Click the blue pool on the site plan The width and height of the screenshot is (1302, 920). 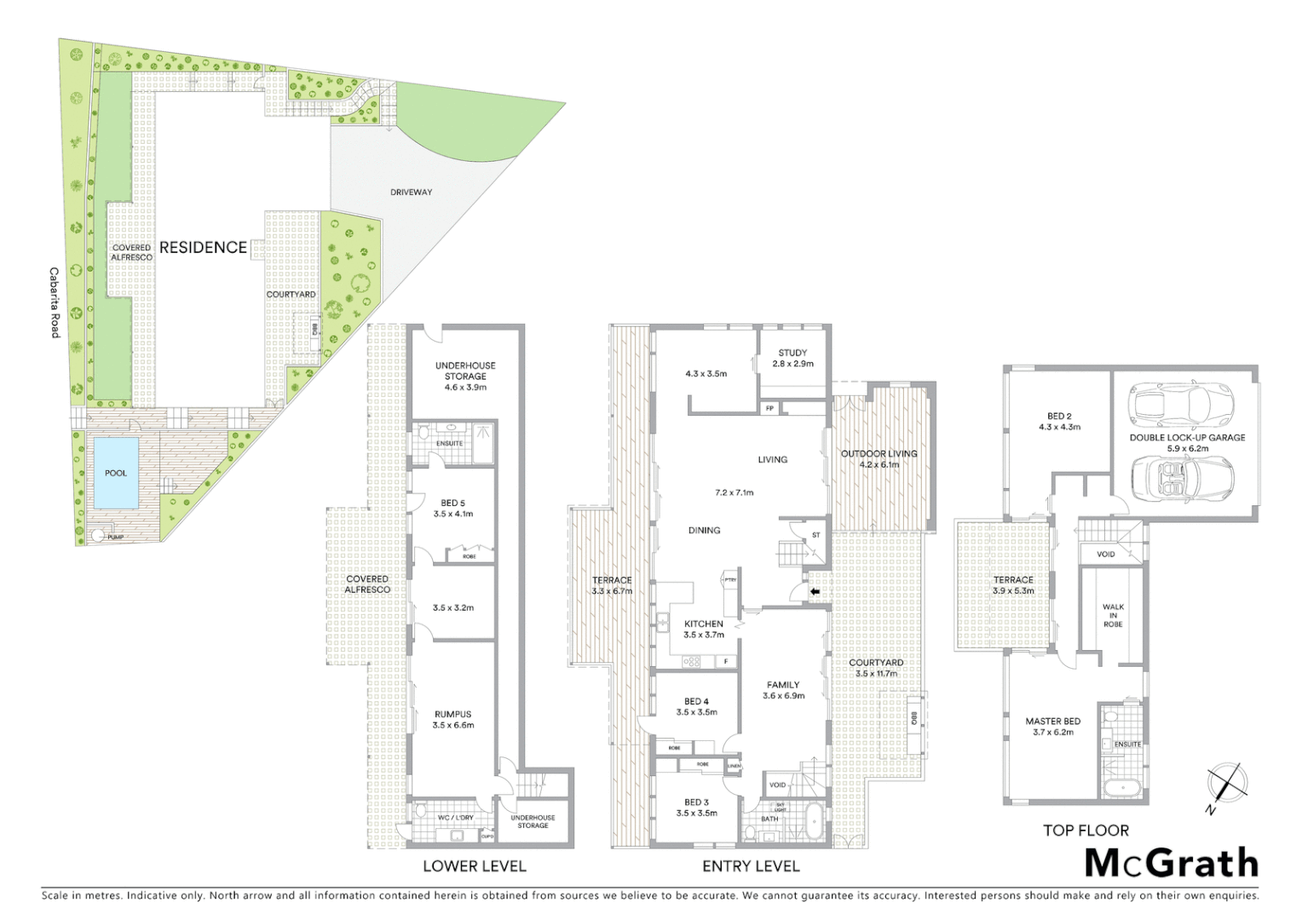click(x=115, y=474)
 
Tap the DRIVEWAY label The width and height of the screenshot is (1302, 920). click(x=411, y=193)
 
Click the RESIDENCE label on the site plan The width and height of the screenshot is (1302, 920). click(x=203, y=247)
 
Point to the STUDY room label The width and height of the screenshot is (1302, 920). click(x=792, y=353)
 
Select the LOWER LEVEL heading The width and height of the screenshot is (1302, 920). click(x=475, y=866)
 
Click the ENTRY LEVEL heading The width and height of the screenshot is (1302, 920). click(x=751, y=866)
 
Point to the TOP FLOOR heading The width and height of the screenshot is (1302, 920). click(x=1086, y=831)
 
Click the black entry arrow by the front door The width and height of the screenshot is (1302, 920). click(x=815, y=591)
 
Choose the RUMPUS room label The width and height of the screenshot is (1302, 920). click(x=452, y=715)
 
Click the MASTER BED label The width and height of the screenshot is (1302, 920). click(x=1052, y=722)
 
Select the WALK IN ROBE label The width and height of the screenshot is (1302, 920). click(x=1113, y=616)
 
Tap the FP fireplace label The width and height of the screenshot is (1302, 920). click(x=769, y=408)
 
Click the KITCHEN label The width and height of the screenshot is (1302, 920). click(x=703, y=624)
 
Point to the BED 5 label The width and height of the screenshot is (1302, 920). click(x=452, y=503)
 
